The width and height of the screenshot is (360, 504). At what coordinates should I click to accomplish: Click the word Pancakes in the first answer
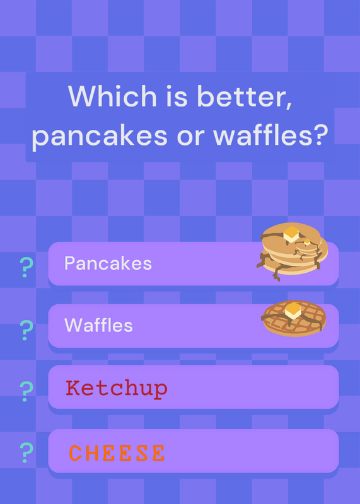coord(108,263)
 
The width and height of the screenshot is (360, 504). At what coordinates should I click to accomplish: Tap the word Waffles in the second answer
coord(98,325)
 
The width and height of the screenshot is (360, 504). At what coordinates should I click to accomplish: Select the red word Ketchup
coord(117,389)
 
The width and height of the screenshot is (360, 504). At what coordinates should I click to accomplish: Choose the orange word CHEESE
coord(117,453)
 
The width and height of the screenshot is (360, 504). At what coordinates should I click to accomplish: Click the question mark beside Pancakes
coord(26,267)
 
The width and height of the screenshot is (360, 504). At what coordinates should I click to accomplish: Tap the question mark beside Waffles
coord(26,330)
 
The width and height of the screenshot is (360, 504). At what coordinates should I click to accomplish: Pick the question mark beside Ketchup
coord(26,391)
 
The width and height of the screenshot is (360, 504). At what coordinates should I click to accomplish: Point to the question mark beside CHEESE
coord(26,452)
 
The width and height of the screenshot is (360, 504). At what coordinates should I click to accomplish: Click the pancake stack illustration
coord(292,251)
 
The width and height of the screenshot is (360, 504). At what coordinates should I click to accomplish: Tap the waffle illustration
coord(294,319)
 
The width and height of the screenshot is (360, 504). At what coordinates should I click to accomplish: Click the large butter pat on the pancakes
coord(291,234)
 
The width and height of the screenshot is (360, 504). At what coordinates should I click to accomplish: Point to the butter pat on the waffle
coord(293,311)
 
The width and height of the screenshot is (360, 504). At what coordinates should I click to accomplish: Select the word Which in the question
coord(112,96)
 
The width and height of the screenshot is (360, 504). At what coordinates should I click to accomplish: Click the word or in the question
coord(190,137)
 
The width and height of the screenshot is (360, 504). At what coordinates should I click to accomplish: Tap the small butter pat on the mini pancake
coord(308,242)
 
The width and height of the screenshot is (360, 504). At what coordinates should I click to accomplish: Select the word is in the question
coord(177,96)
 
